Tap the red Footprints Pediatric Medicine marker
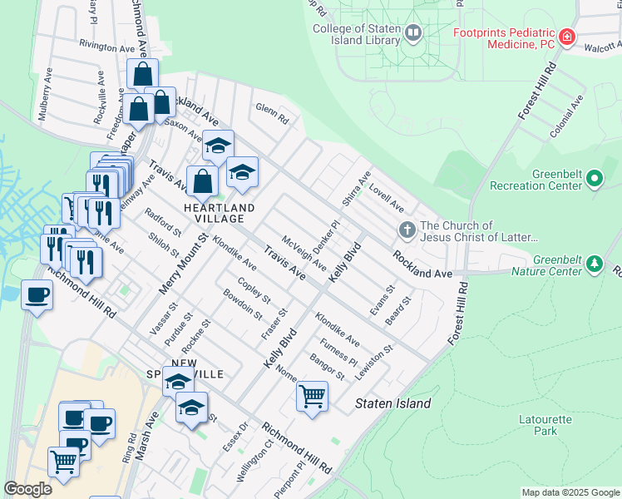(x=567, y=36)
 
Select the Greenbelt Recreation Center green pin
(x=594, y=178)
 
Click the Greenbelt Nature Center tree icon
(x=594, y=264)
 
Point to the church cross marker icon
(x=407, y=230)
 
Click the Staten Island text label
(x=393, y=404)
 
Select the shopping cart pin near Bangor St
(x=312, y=396)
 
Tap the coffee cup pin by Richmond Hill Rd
(x=37, y=294)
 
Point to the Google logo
(x=27, y=489)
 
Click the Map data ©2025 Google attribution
(x=570, y=492)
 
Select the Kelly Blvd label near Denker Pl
(x=345, y=261)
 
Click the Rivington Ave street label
(x=106, y=47)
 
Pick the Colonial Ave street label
(x=567, y=116)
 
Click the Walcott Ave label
(x=602, y=48)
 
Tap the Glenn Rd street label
(x=271, y=113)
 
